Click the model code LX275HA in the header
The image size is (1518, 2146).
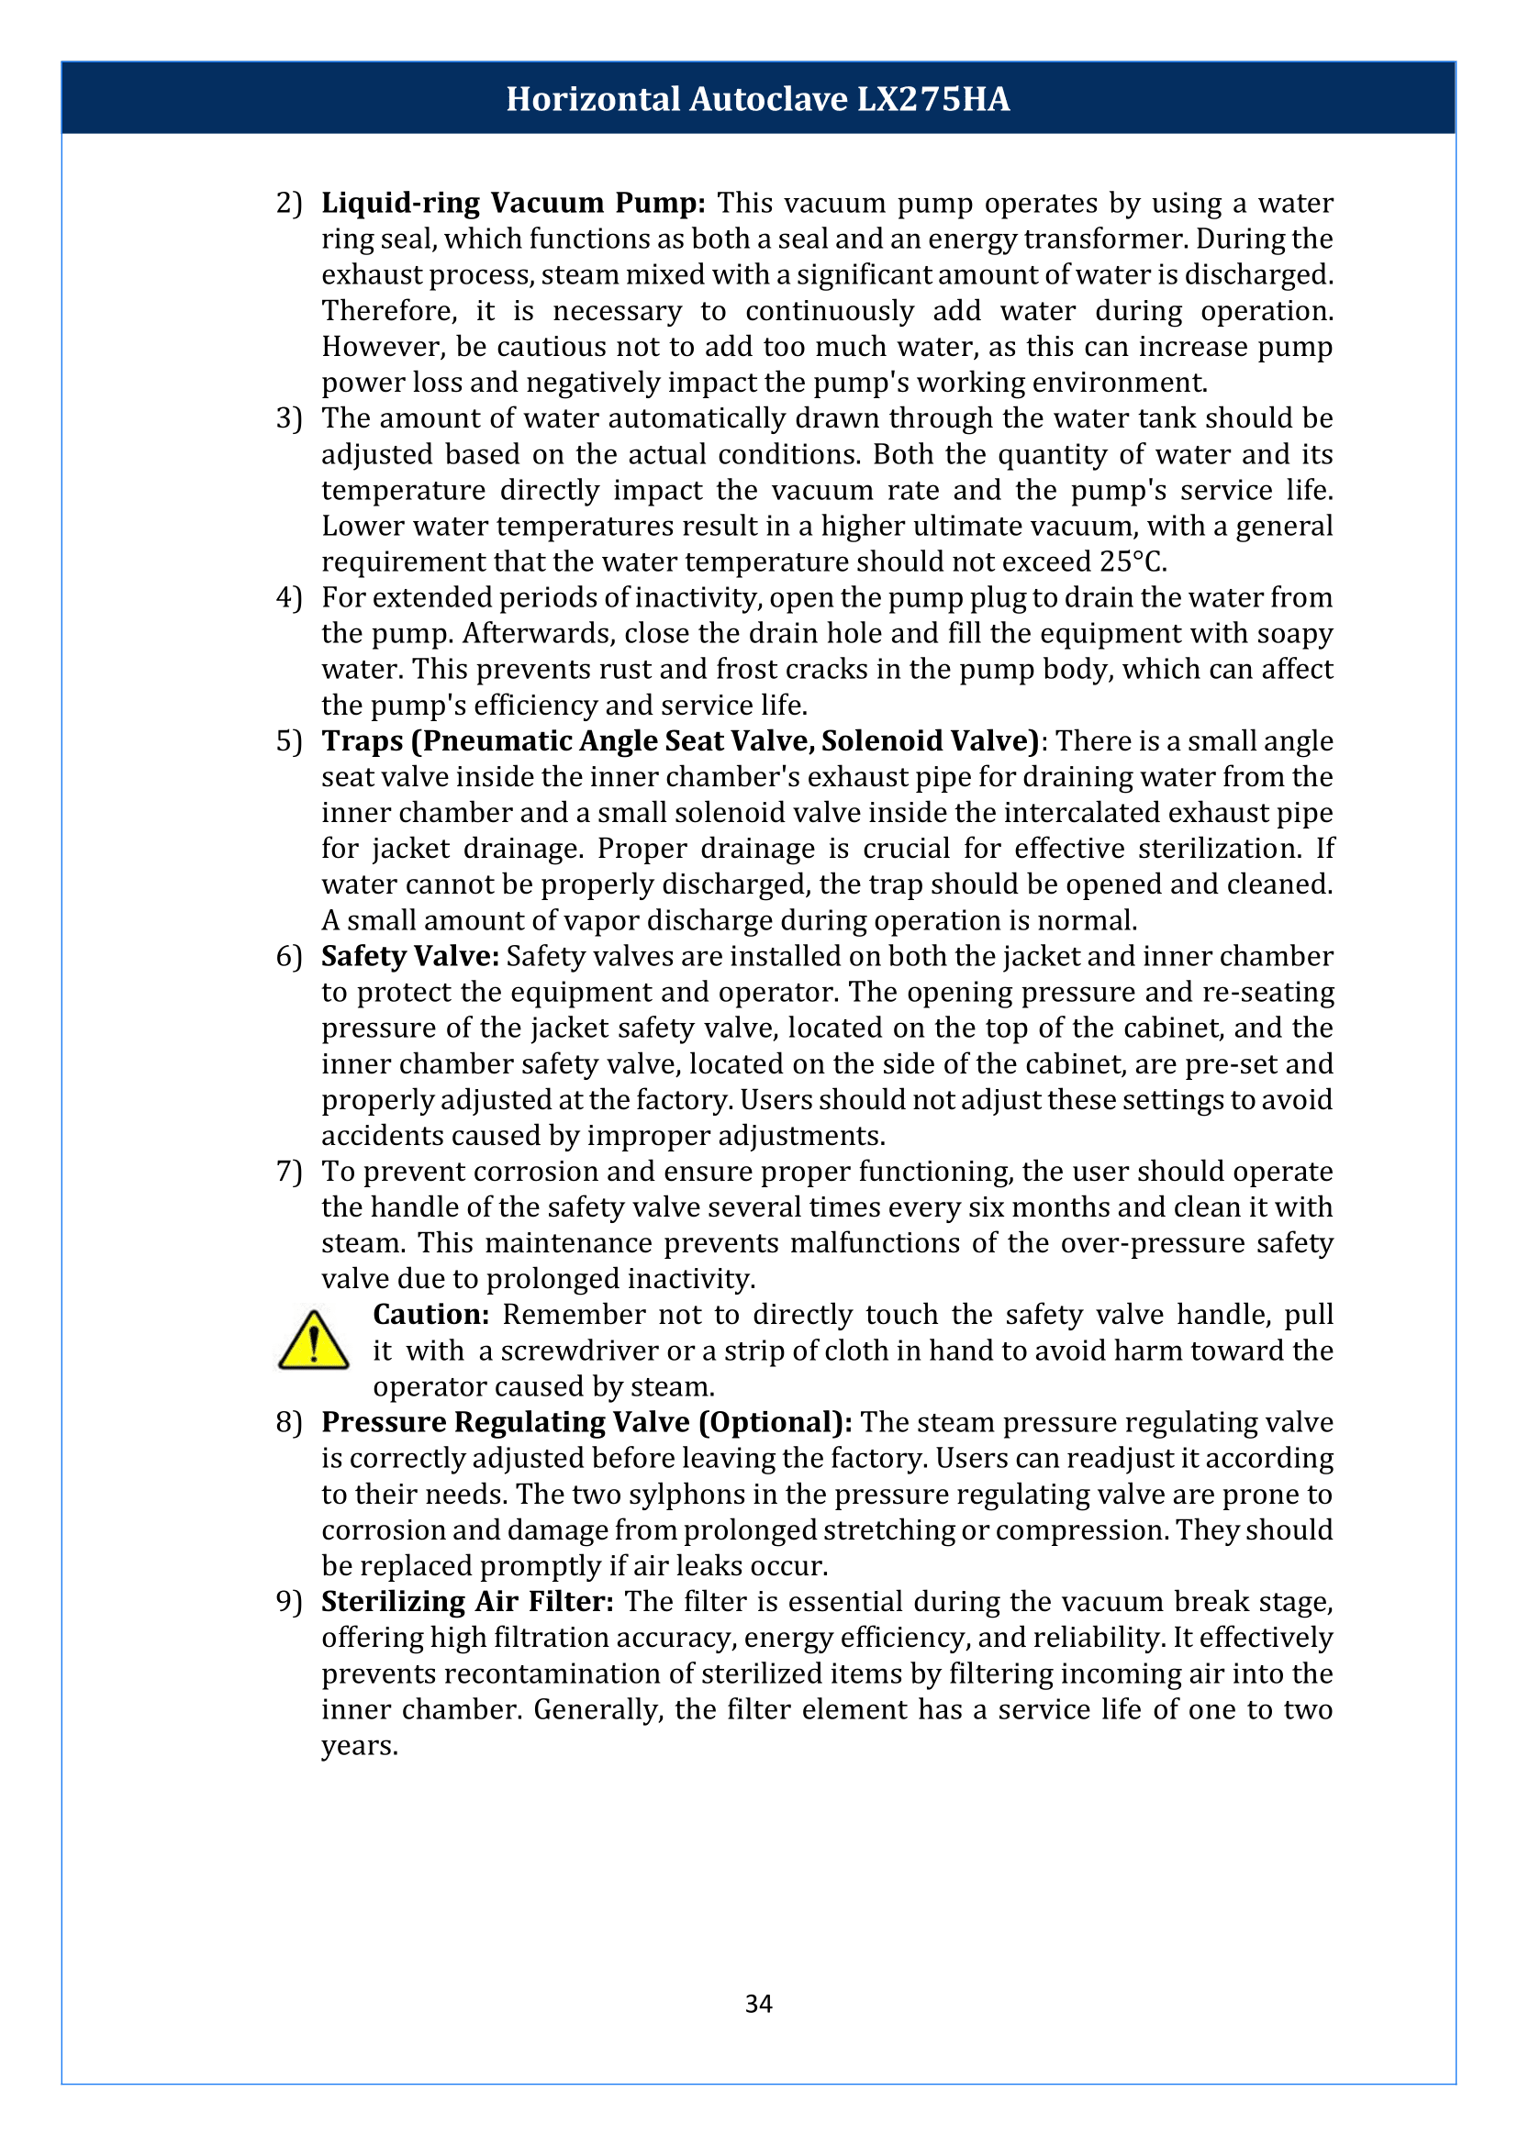[932, 99]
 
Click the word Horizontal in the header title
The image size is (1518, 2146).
[593, 99]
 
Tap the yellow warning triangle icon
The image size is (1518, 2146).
[314, 1341]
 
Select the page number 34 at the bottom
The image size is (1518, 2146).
[758, 2003]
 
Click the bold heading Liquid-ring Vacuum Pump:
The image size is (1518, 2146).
[513, 203]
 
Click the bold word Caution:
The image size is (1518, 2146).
[431, 1314]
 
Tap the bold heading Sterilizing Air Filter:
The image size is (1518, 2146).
[467, 1601]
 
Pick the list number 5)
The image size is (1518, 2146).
[289, 741]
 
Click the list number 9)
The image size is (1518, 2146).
[289, 1601]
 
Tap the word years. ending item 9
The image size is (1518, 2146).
[360, 1745]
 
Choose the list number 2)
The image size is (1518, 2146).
[289, 203]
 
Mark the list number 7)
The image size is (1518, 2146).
[289, 1171]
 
